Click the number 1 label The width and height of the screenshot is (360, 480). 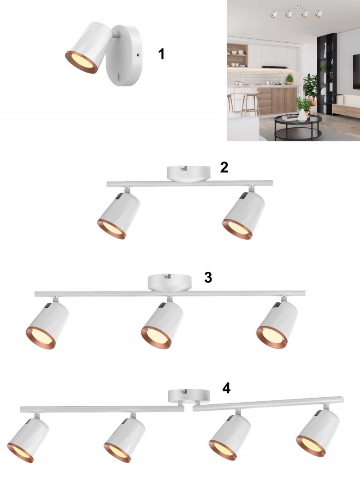point(162,54)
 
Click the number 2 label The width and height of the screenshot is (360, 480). point(224,167)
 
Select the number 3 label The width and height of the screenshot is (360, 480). point(208,278)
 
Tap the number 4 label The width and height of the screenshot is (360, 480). point(226,388)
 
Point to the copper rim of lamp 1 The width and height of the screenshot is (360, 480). point(81,63)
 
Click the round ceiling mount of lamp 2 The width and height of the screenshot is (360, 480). point(189,174)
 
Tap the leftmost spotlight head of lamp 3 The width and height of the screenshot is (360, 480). point(47,325)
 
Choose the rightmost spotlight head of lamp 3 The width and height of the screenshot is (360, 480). point(277,325)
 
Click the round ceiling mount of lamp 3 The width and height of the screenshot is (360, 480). point(170,283)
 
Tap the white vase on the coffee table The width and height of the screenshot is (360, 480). point(302,116)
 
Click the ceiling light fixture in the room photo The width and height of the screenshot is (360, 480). point(297,12)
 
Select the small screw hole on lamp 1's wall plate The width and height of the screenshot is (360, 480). point(138,55)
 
